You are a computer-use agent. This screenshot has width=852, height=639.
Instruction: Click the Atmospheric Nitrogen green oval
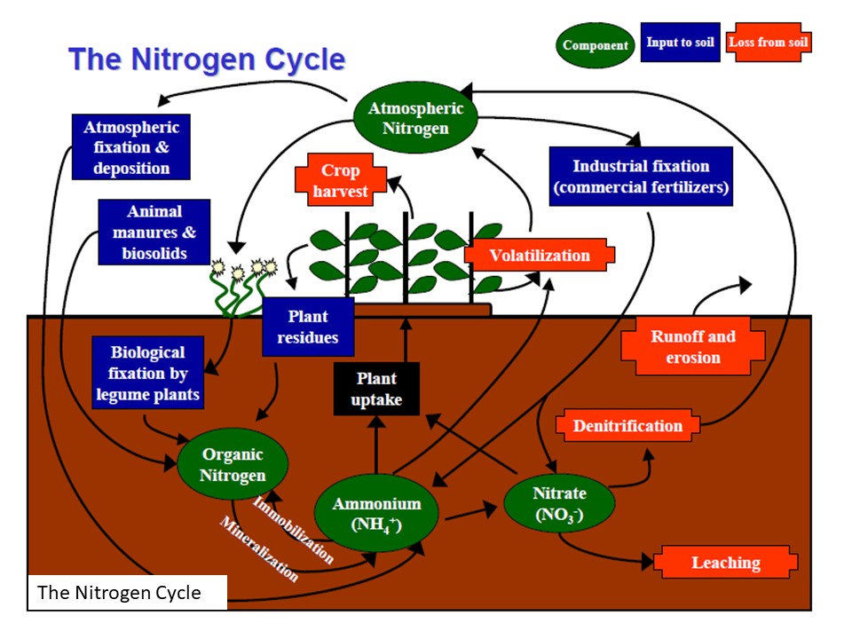415,118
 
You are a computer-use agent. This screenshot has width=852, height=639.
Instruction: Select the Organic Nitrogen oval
233,464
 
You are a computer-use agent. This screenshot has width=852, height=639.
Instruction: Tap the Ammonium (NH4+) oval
376,514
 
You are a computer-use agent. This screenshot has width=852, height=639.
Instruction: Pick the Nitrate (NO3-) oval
559,503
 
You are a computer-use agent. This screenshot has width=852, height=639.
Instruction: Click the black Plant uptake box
376,389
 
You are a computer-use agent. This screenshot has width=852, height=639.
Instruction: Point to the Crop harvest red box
341,180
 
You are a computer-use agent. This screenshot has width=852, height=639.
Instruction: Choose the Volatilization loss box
540,255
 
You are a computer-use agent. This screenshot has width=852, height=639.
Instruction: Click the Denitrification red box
627,425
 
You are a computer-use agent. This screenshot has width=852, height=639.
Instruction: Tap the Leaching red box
725,563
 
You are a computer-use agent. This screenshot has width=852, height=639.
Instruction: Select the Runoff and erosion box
693,347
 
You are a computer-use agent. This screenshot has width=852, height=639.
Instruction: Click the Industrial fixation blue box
641,176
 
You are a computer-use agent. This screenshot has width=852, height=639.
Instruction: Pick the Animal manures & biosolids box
154,232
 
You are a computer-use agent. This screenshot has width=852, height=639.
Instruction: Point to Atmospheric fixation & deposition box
131,146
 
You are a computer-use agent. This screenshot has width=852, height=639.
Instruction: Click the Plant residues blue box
308,327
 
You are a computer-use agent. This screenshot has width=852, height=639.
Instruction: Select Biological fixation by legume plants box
148,373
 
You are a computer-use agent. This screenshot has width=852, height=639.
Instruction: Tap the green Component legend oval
595,45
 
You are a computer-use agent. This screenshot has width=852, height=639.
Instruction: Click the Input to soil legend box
681,43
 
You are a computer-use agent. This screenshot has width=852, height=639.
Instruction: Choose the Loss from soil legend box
769,43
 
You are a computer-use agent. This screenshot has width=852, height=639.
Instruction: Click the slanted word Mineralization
259,548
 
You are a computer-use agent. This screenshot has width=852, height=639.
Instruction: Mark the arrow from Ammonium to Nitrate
471,514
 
